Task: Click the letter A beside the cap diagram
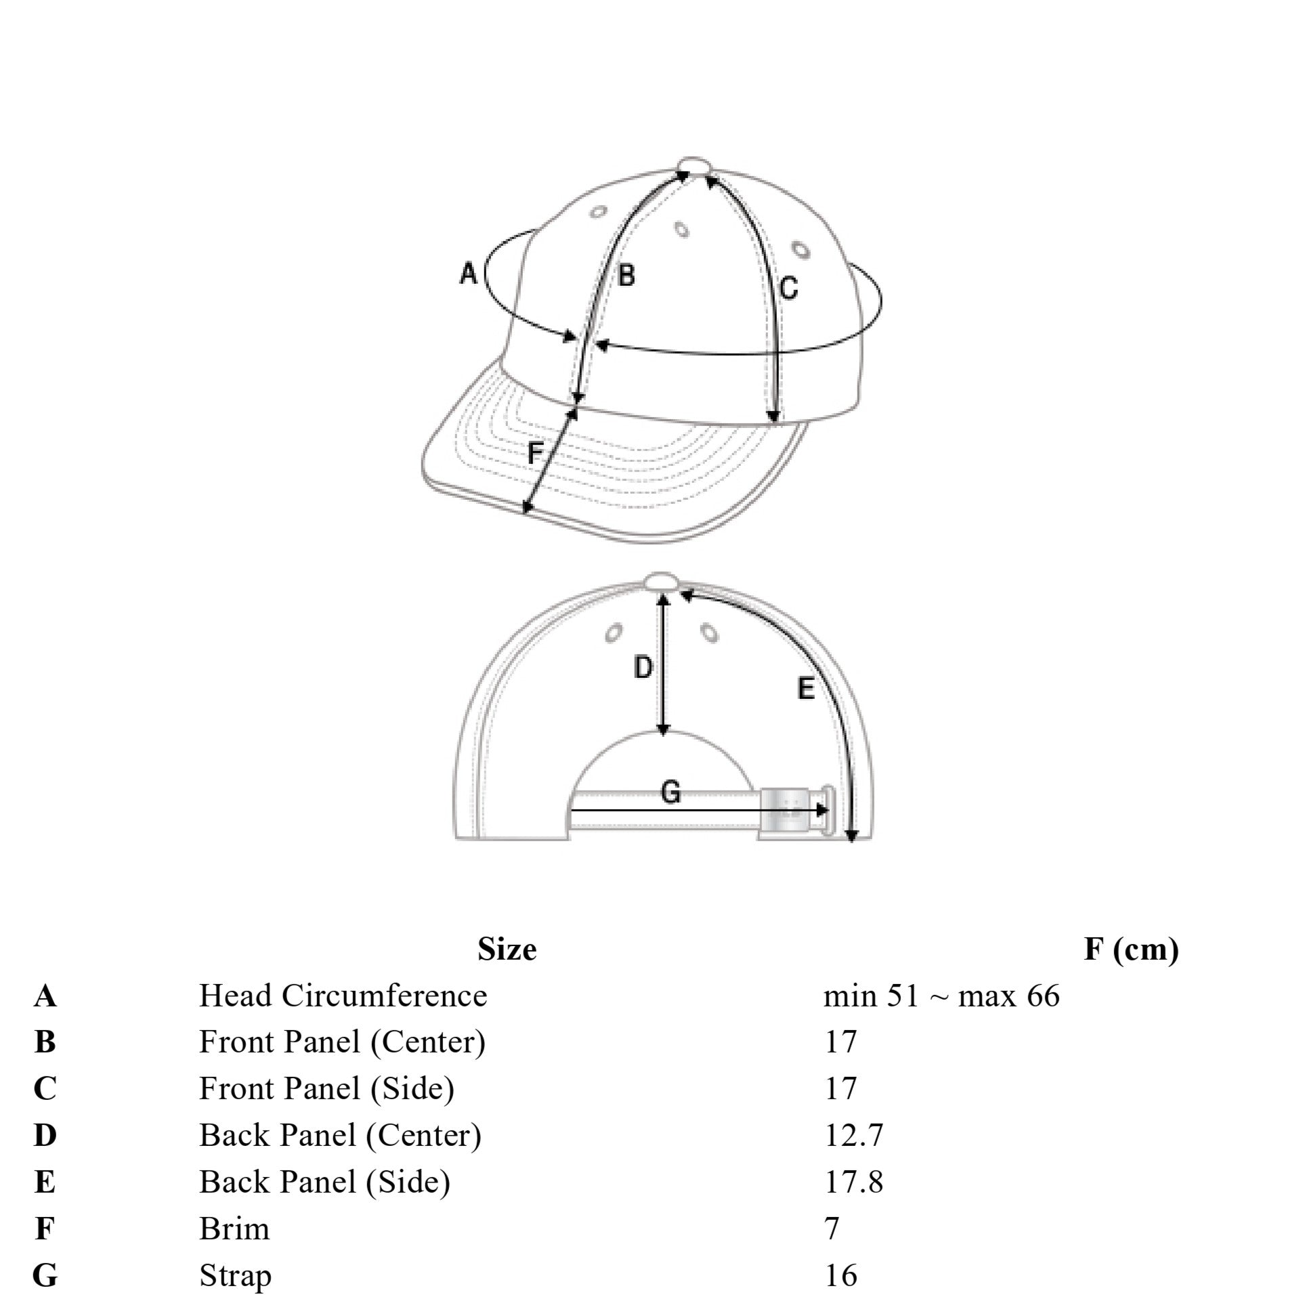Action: point(469,274)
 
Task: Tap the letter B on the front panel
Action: point(626,276)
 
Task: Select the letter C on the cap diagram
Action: point(788,288)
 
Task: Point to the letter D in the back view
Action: point(643,668)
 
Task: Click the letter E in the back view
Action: point(806,689)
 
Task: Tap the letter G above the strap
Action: point(670,792)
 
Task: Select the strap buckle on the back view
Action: point(786,809)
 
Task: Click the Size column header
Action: point(507,950)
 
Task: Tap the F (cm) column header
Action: point(1131,950)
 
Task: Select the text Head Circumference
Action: point(343,996)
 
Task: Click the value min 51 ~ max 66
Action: point(941,996)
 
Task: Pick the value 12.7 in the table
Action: point(853,1135)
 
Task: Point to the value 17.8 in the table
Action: point(853,1182)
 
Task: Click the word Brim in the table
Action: point(234,1229)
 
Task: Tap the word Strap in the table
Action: point(235,1276)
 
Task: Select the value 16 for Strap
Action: point(840,1275)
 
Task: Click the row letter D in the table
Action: point(45,1135)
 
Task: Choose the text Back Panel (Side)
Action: point(324,1182)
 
